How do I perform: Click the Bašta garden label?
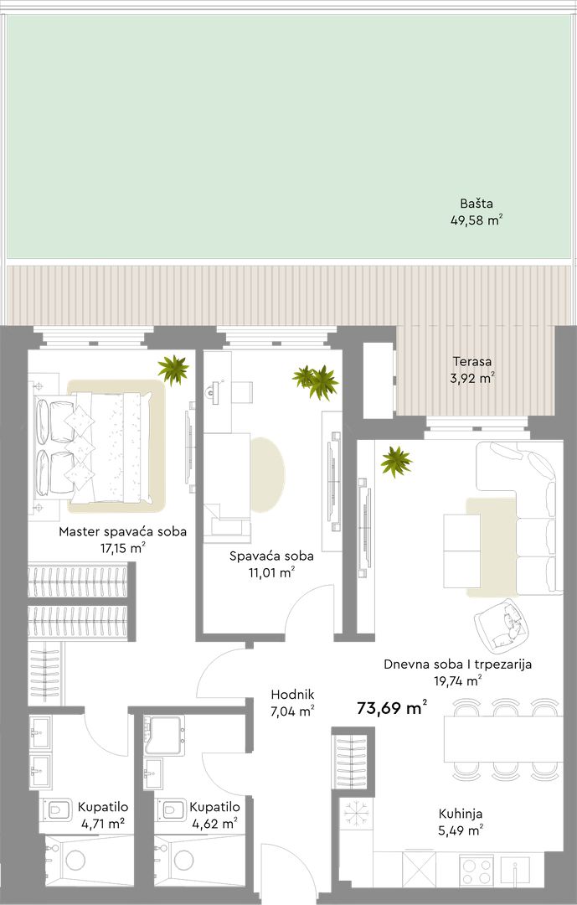(x=477, y=203)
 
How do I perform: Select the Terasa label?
(x=472, y=362)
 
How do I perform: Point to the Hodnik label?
(x=292, y=695)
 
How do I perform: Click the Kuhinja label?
(x=461, y=814)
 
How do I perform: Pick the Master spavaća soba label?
(x=123, y=531)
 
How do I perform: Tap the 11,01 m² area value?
(x=271, y=572)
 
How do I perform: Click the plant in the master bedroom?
(x=173, y=370)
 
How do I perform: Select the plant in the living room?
(x=396, y=462)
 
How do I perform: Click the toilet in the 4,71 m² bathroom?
(x=59, y=811)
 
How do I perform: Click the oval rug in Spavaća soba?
(x=268, y=474)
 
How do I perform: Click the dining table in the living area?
(x=503, y=739)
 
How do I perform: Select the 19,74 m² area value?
(x=458, y=681)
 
